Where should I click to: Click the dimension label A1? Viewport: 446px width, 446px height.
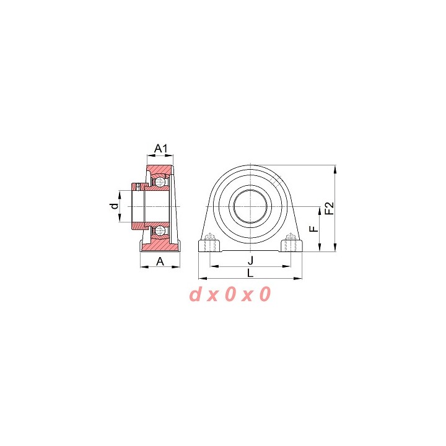[x=161, y=148]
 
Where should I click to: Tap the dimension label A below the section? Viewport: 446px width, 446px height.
[x=160, y=261]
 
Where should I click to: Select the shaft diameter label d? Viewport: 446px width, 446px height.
[x=115, y=206]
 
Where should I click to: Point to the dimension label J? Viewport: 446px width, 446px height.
[x=250, y=261]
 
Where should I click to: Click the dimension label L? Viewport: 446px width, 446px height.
[x=250, y=273]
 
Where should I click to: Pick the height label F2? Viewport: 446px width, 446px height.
[x=330, y=208]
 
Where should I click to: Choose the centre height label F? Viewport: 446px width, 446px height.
[x=313, y=229]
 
